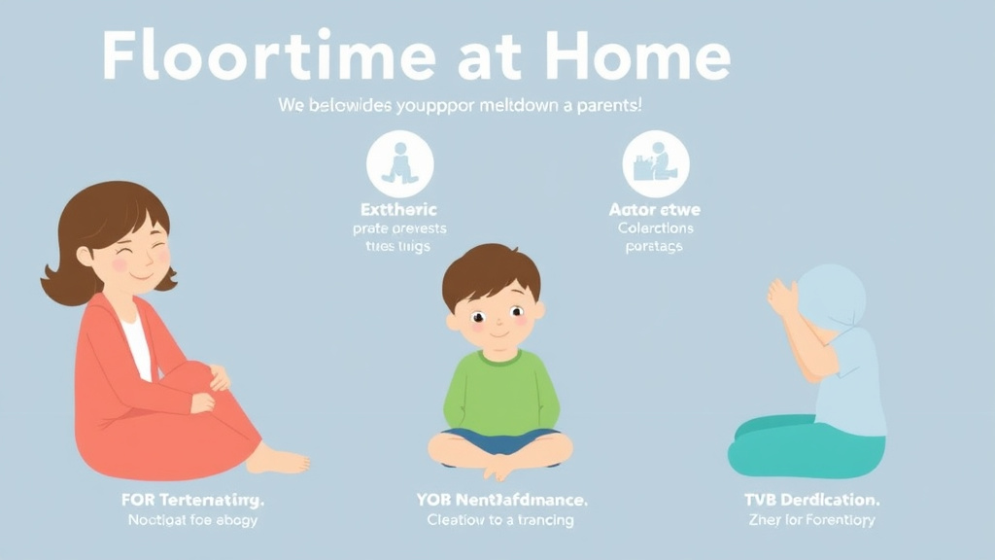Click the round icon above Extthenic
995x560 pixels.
point(399,164)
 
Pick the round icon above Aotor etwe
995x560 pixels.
point(656,164)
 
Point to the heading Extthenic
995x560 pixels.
point(399,209)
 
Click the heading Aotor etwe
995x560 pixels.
point(655,209)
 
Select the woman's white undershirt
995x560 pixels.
point(137,345)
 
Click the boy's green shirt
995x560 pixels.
point(500,394)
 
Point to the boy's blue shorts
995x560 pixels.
point(500,439)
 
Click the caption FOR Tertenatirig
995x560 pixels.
point(193,500)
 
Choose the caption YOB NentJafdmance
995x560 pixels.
point(500,500)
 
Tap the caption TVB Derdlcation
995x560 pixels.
point(811,500)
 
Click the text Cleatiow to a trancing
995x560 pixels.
point(500,520)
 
